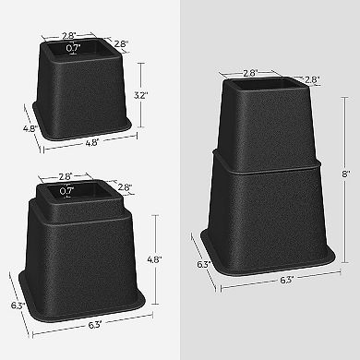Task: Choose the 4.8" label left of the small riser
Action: (30, 129)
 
